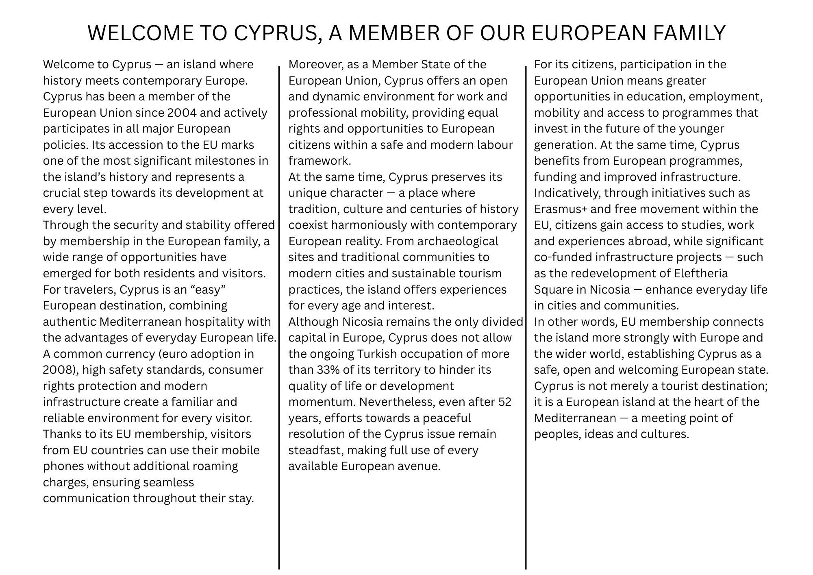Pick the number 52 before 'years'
[x=504, y=402]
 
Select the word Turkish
[x=377, y=354]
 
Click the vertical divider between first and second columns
[x=279, y=317]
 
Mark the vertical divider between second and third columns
[x=526, y=317]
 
